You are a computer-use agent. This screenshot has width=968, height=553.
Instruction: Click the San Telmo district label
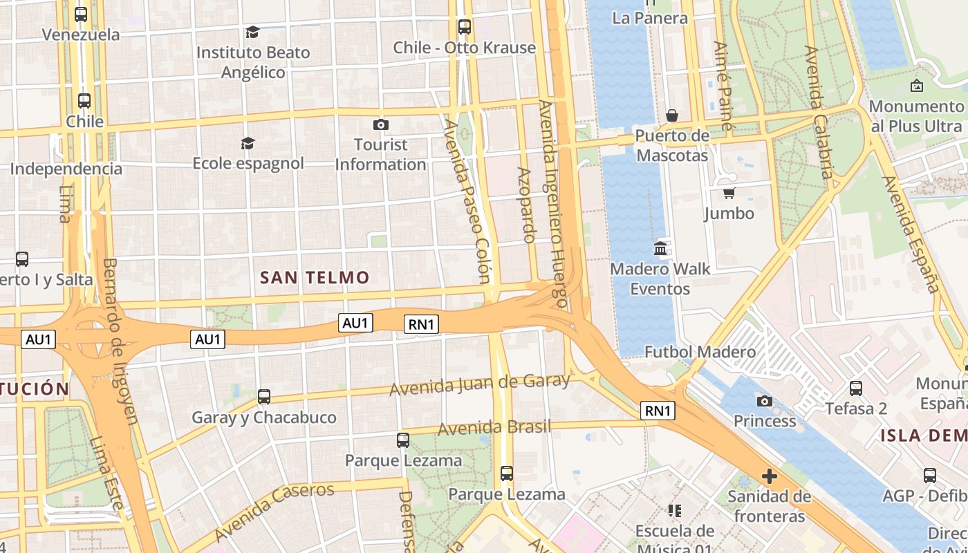pyautogui.click(x=315, y=278)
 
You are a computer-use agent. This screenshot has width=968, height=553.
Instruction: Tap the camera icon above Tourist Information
pyautogui.click(x=380, y=124)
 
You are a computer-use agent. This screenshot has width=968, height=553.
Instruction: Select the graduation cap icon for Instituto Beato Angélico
pyautogui.click(x=252, y=32)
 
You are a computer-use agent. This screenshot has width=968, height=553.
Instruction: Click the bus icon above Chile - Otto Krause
pyautogui.click(x=465, y=27)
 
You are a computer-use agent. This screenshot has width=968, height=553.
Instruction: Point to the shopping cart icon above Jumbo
pyautogui.click(x=729, y=193)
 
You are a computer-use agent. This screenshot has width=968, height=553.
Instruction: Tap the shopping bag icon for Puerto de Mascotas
pyautogui.click(x=671, y=115)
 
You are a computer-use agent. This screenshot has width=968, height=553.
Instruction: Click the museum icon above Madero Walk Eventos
pyautogui.click(x=660, y=248)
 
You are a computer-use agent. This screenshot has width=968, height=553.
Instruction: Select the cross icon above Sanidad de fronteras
pyautogui.click(x=769, y=476)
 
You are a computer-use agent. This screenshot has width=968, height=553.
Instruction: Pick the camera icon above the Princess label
pyautogui.click(x=764, y=401)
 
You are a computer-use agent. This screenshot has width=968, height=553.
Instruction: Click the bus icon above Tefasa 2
pyautogui.click(x=856, y=388)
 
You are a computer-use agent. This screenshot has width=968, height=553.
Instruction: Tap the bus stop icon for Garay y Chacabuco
pyautogui.click(x=264, y=397)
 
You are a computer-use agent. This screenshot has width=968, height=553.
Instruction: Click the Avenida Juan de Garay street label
pyautogui.click(x=480, y=384)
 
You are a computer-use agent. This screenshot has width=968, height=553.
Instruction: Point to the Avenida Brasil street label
pyautogui.click(x=494, y=428)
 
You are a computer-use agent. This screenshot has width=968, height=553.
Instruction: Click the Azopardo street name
pyautogui.click(x=526, y=205)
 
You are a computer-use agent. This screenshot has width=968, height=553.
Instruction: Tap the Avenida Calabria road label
pyautogui.click(x=818, y=112)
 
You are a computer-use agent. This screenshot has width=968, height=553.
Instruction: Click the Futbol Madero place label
pyautogui.click(x=700, y=353)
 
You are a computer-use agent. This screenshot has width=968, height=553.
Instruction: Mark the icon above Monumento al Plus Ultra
pyautogui.click(x=916, y=86)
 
